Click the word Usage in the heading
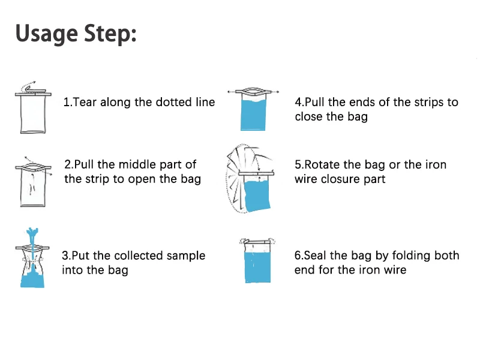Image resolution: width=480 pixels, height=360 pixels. (x=47, y=34)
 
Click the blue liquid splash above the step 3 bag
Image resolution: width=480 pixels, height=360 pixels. (x=32, y=236)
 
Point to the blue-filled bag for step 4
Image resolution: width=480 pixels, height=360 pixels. (x=253, y=110)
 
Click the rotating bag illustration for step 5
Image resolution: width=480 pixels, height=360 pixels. (x=250, y=178)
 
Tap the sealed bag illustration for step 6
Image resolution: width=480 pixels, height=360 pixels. (x=257, y=261)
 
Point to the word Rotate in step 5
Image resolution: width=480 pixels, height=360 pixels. (x=322, y=164)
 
